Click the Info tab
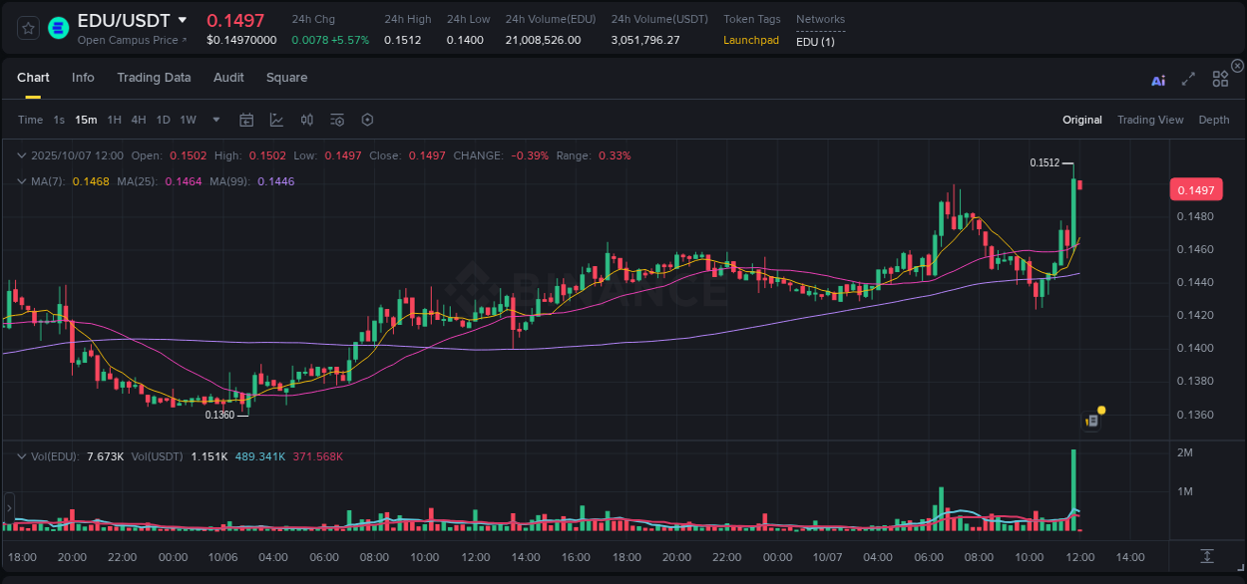click(x=83, y=78)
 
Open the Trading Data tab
click(x=154, y=78)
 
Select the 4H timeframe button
click(x=139, y=120)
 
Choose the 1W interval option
click(x=188, y=120)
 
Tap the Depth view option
click(x=1213, y=120)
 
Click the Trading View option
click(x=1149, y=120)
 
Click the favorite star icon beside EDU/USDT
click(x=29, y=28)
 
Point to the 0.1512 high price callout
click(x=1044, y=162)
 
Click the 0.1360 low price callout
click(x=219, y=415)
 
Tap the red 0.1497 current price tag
click(x=1195, y=190)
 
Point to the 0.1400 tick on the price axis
click(x=1195, y=348)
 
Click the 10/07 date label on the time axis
click(x=827, y=557)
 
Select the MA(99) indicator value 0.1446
click(x=275, y=181)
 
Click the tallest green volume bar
click(x=1073, y=488)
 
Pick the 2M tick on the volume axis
click(x=1185, y=452)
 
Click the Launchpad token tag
click(x=751, y=40)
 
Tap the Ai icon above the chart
click(x=1158, y=81)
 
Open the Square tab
click(x=286, y=78)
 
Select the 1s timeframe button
click(x=59, y=120)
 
